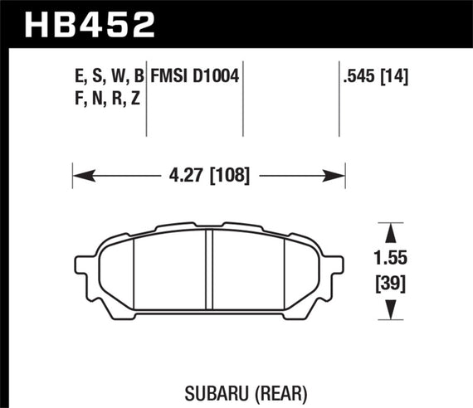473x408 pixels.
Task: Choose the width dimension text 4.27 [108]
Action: coord(208,175)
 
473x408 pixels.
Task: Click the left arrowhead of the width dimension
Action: coord(80,175)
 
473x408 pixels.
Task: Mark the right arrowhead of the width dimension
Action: coord(338,175)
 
